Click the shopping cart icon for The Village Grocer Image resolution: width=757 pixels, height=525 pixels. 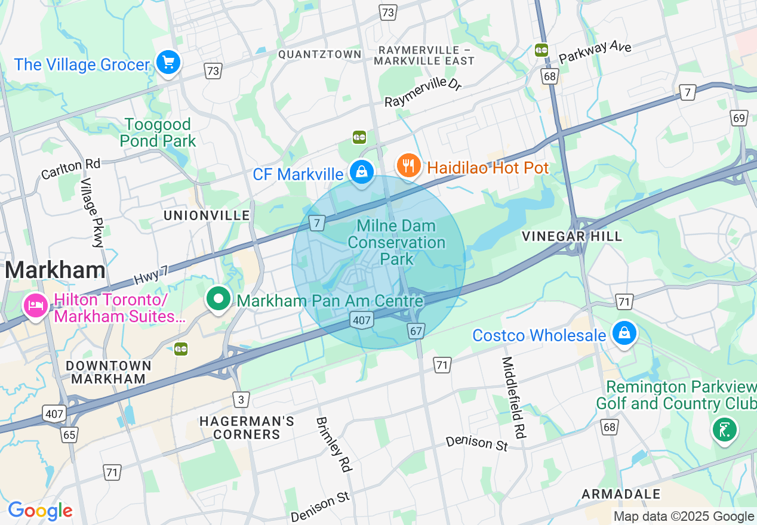(x=168, y=61)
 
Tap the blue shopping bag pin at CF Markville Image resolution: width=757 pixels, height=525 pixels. (x=361, y=172)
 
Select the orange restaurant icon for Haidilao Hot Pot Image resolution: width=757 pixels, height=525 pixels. (x=408, y=166)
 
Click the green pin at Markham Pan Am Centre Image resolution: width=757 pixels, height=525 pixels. (x=219, y=298)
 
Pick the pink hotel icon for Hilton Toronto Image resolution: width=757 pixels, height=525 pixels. (x=36, y=306)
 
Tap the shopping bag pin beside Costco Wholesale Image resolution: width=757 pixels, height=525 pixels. (x=624, y=333)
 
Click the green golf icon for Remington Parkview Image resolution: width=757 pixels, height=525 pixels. (x=724, y=429)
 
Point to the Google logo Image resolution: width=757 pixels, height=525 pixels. (x=40, y=511)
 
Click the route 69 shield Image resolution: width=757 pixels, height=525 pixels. (x=739, y=118)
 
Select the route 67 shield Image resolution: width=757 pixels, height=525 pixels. (x=416, y=331)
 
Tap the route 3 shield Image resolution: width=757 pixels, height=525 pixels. (x=241, y=400)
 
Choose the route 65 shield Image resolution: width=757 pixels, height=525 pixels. (x=70, y=434)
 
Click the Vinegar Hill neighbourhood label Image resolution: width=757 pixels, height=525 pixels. (x=571, y=236)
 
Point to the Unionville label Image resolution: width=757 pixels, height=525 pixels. (x=207, y=215)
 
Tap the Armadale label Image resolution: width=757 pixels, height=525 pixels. (x=621, y=494)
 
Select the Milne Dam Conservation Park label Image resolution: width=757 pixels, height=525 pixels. (x=396, y=242)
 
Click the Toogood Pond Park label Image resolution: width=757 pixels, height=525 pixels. (x=158, y=132)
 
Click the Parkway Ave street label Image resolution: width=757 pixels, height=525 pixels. (x=595, y=52)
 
